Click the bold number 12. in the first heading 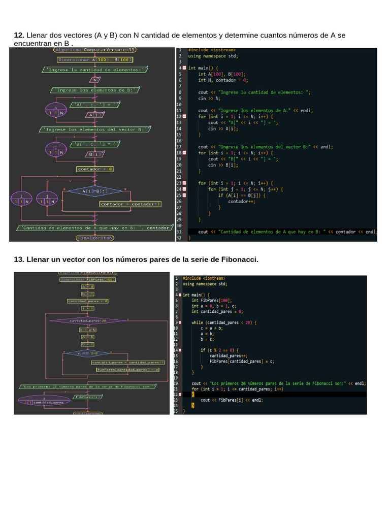19,35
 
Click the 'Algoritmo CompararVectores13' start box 95,50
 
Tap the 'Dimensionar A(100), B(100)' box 95,59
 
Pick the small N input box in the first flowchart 95,79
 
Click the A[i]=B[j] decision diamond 95,191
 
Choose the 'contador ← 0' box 95,169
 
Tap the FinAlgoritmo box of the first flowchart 95,237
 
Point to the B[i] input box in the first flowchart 95,154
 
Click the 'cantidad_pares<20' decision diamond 88,321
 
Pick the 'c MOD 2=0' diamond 88,353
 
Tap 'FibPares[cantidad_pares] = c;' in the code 242,361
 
